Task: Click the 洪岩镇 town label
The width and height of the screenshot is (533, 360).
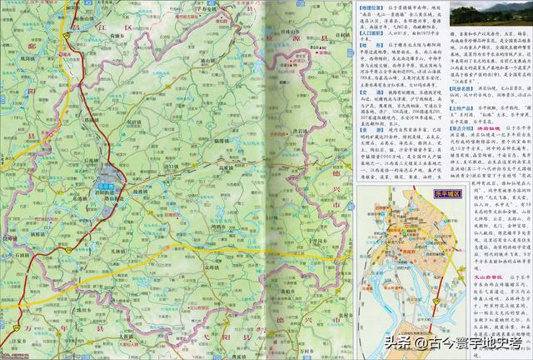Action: tap(298, 132)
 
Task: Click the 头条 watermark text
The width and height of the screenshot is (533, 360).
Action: tap(397, 342)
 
